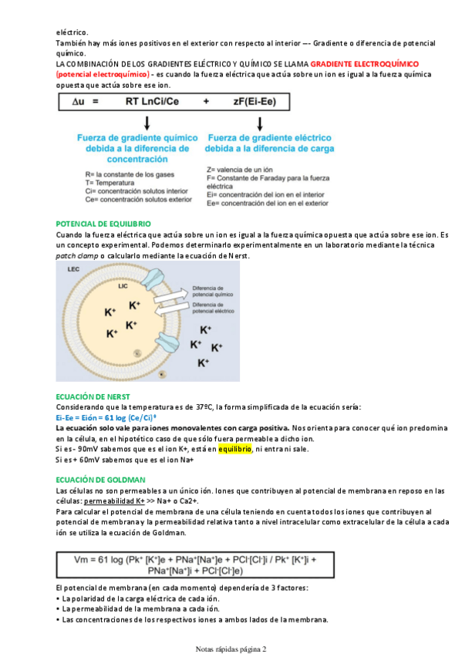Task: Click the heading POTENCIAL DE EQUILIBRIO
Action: [103, 224]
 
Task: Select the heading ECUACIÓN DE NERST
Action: [93, 396]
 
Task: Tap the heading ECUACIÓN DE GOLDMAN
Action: [100, 480]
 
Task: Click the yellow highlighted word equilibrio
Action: [235, 449]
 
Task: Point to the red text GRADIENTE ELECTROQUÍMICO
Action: [365, 64]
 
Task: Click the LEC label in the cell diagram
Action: [73, 269]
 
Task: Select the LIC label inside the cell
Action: [123, 286]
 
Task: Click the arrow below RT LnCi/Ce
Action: [147, 123]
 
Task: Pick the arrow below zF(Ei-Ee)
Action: [260, 123]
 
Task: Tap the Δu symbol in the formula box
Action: [79, 101]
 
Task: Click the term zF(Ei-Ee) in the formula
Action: [255, 101]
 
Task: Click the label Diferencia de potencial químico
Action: [213, 291]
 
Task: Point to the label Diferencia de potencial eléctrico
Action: [213, 308]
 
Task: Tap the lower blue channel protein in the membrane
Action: [168, 344]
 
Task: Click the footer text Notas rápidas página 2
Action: [231, 649]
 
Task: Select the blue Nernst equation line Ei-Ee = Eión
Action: [106, 418]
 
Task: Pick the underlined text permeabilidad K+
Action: [114, 501]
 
